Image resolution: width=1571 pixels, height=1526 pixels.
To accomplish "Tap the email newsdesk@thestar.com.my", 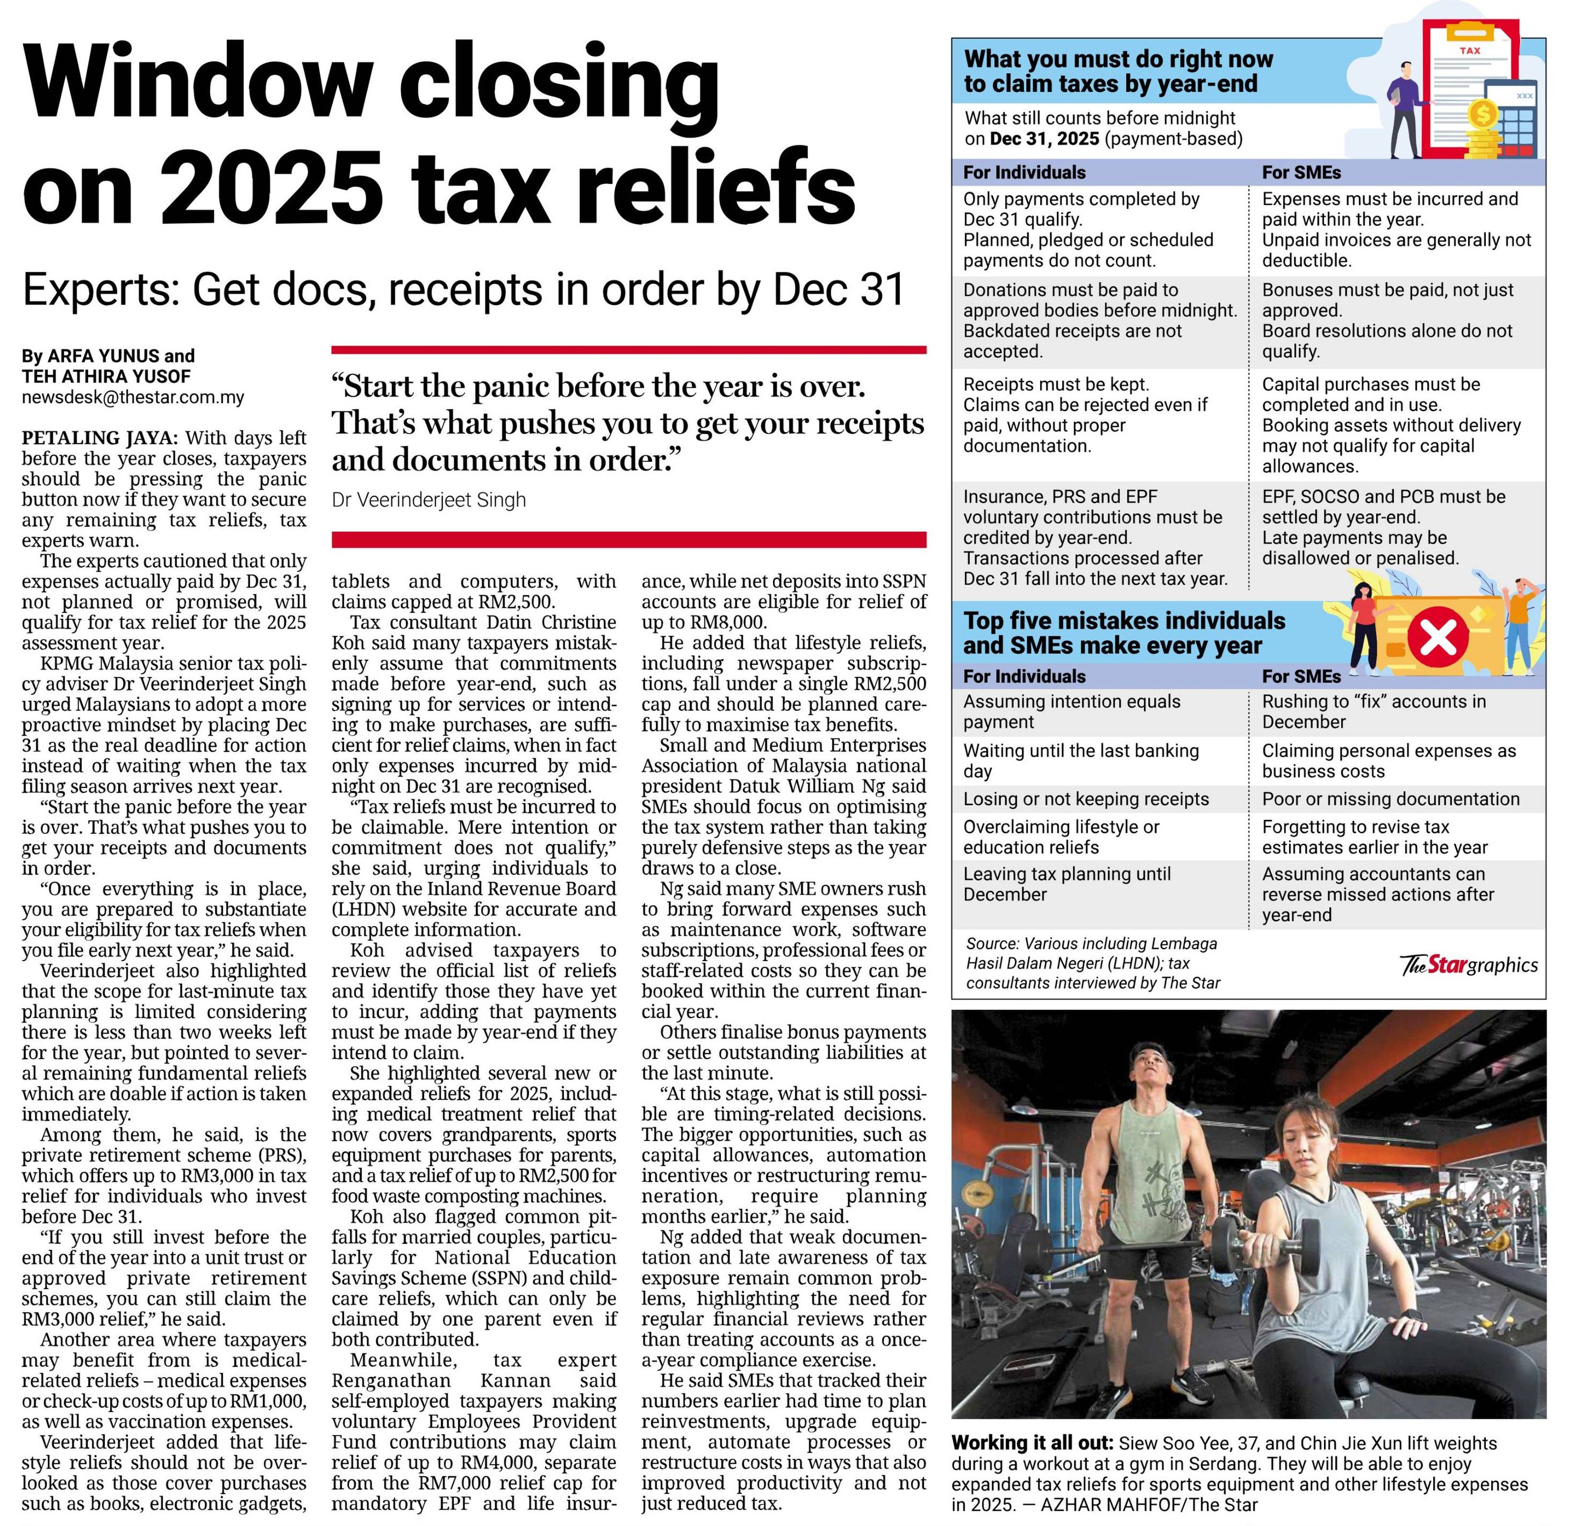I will point(133,397).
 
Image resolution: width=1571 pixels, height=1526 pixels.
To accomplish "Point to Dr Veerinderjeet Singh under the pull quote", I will point(429,500).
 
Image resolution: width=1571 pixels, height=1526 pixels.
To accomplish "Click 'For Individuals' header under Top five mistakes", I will point(1024,676).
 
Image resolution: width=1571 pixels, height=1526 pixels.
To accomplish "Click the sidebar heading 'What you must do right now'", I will point(1118,59).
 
